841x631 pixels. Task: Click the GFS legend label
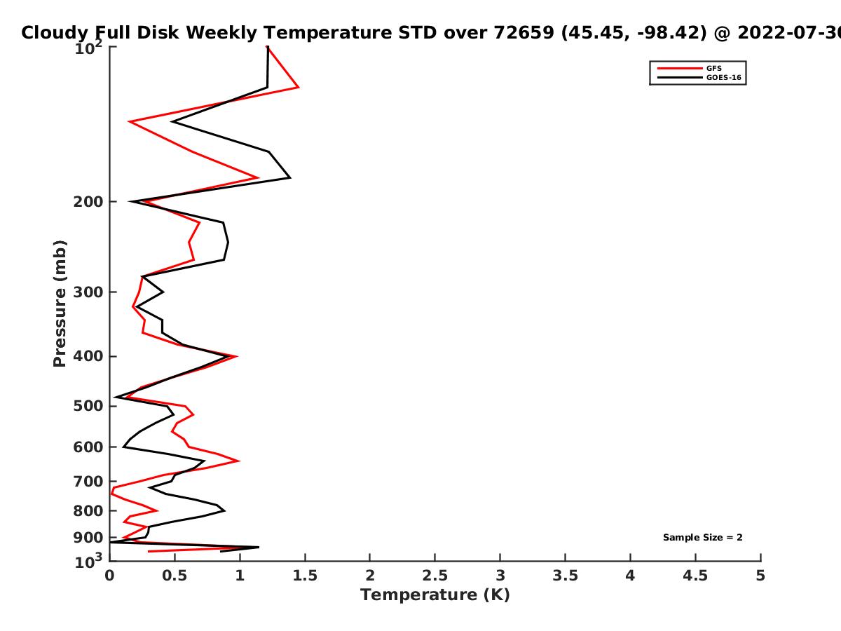point(713,68)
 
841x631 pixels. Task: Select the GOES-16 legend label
point(724,77)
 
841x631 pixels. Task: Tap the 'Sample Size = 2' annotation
point(703,537)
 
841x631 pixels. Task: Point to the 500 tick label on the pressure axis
point(88,406)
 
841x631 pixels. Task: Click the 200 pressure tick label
point(88,201)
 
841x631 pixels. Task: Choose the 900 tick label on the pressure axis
point(88,538)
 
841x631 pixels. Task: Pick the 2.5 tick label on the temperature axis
point(435,576)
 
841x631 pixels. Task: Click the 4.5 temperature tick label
point(695,576)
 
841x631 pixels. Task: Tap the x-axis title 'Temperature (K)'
point(435,595)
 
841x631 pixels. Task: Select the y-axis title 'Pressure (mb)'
point(60,304)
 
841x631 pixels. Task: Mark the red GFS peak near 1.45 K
point(298,88)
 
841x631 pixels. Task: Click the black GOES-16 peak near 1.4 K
point(290,178)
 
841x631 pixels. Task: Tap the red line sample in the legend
point(680,68)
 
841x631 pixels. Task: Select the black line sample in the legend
point(680,77)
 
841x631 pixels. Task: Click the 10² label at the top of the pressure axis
point(88,48)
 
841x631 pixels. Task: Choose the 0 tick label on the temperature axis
point(109,576)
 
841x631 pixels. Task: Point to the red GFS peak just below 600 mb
point(240,461)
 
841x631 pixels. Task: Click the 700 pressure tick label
point(88,482)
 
